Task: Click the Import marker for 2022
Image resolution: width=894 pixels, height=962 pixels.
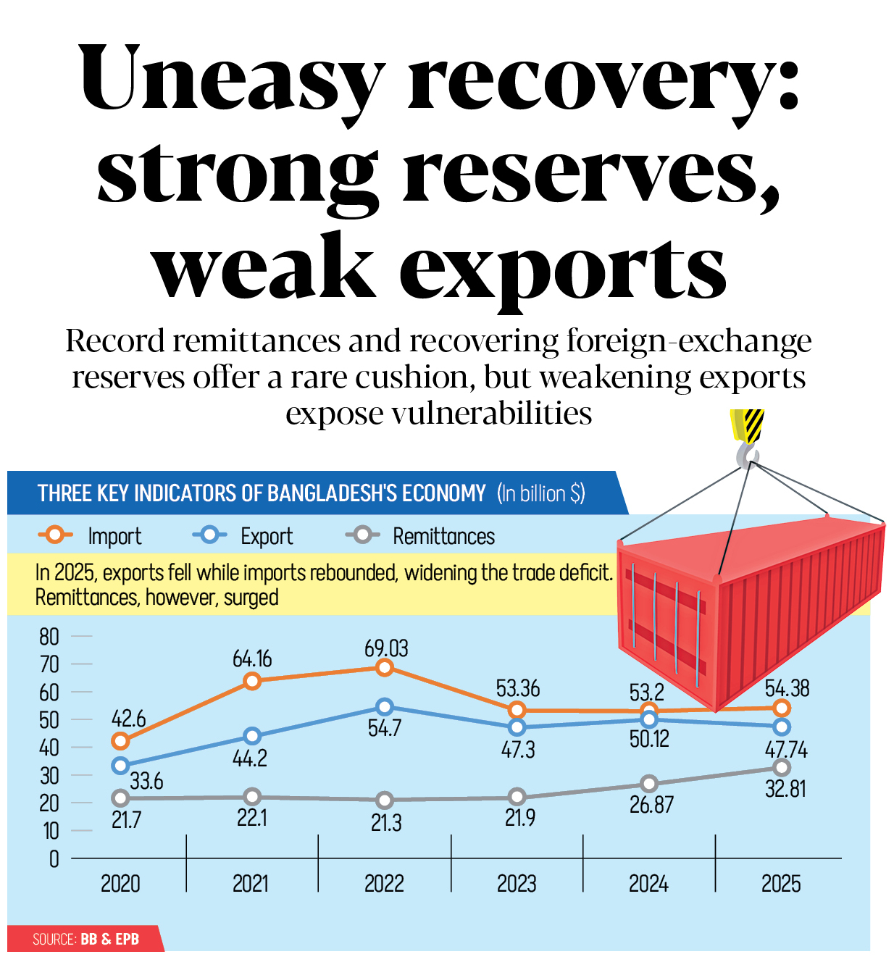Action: tap(385, 667)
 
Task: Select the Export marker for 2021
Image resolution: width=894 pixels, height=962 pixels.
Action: tap(252, 736)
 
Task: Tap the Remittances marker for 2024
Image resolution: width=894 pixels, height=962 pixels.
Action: tap(649, 784)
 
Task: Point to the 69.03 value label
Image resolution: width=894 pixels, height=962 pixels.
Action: tap(386, 648)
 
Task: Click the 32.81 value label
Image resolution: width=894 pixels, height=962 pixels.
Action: tap(785, 789)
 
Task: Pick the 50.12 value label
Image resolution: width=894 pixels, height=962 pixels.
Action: tap(649, 740)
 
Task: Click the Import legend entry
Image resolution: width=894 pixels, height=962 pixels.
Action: tap(90, 536)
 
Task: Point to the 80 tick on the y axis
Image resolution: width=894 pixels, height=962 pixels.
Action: tap(49, 637)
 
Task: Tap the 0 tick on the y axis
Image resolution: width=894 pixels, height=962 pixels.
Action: tap(54, 859)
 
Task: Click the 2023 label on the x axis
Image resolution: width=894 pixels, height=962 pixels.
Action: tap(517, 884)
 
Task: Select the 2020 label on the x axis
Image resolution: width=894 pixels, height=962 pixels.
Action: tap(120, 884)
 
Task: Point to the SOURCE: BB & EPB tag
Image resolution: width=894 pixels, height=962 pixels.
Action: tap(85, 939)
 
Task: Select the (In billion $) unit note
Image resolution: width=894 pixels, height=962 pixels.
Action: tap(541, 494)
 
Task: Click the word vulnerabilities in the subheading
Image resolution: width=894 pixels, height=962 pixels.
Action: tap(491, 414)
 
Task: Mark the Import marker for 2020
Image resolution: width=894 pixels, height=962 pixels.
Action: tap(120, 741)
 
